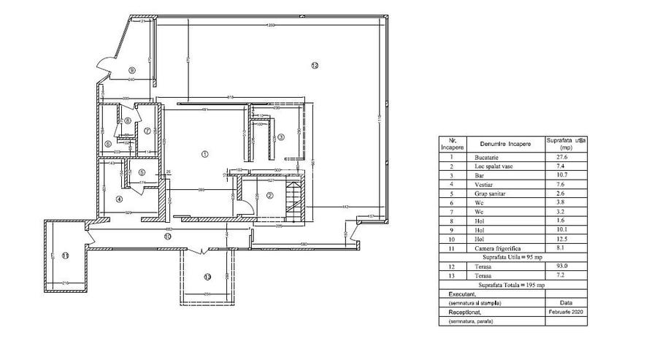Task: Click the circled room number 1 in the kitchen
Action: pyautogui.click(x=205, y=153)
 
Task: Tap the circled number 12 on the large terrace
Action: pyautogui.click(x=315, y=66)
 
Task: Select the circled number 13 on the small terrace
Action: pyautogui.click(x=207, y=277)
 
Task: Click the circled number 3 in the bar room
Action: pyautogui.click(x=280, y=137)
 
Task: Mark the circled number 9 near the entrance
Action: pyautogui.click(x=131, y=69)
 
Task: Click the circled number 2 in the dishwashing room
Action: pyautogui.click(x=269, y=195)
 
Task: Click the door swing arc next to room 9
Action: pyautogui.click(x=104, y=66)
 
